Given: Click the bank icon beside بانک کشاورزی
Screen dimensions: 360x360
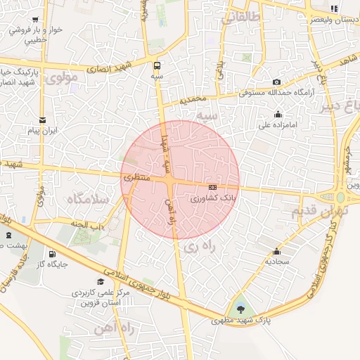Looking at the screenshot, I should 213,187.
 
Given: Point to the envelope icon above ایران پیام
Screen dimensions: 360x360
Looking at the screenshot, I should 42,120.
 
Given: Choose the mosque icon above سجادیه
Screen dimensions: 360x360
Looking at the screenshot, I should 276,251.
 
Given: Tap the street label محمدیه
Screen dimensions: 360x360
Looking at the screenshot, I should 195,101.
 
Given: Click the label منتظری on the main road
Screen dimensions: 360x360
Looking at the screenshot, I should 137,179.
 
